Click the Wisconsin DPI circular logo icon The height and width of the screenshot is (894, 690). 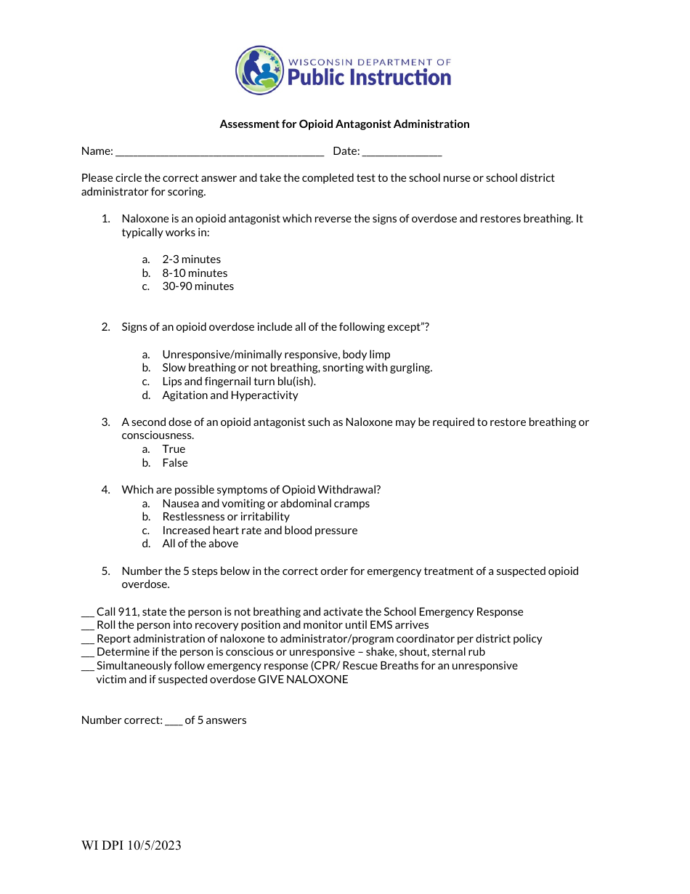[259, 71]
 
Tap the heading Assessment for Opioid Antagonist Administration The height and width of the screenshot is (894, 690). [344, 124]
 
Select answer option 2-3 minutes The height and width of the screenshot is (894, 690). [191, 259]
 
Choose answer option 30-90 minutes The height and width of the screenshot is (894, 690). [198, 286]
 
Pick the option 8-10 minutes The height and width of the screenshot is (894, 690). [195, 273]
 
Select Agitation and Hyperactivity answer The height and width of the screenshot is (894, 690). [230, 395]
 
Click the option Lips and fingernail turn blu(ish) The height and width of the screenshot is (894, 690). [239, 382]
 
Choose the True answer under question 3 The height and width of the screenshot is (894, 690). [174, 449]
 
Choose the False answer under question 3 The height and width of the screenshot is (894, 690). [174, 463]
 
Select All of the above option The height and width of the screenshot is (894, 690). [200, 544]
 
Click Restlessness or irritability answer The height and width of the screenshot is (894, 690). [225, 517]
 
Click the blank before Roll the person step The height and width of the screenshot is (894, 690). [88, 627]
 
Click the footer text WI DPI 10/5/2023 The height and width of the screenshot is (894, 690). [131, 845]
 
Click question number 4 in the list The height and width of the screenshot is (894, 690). [105, 490]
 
